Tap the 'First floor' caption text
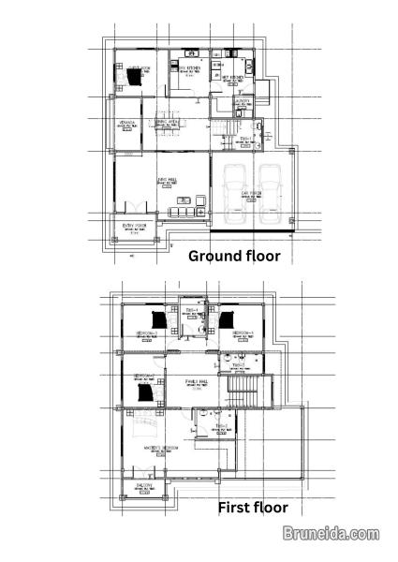pos(254,508)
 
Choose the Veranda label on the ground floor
pos(127,123)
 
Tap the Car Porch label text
pos(250,195)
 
